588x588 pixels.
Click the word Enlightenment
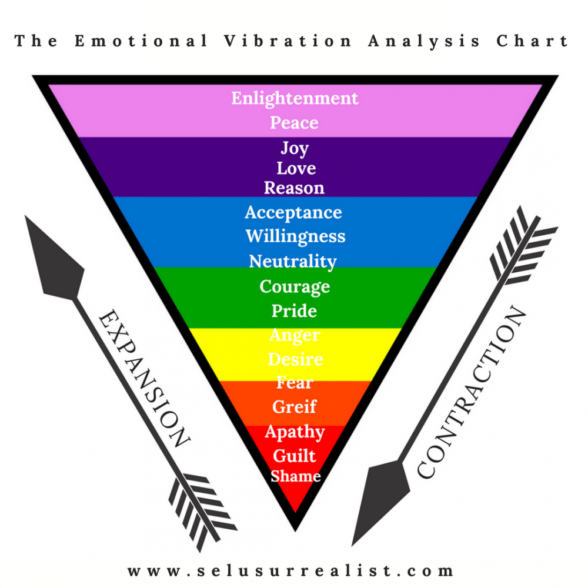(x=295, y=98)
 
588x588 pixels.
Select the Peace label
(x=295, y=123)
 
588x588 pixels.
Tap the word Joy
(x=295, y=149)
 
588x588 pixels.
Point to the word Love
(x=296, y=168)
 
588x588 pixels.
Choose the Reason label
(x=294, y=188)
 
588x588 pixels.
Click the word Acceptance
(x=293, y=213)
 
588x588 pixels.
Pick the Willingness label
(x=296, y=236)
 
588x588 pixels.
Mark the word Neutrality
(x=293, y=262)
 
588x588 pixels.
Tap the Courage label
(x=295, y=287)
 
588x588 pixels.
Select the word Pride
(x=295, y=311)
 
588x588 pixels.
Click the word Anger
(x=295, y=335)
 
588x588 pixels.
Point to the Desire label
(x=296, y=359)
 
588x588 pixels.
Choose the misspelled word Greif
(x=295, y=407)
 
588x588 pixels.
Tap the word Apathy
(x=295, y=432)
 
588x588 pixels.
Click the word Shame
(x=296, y=476)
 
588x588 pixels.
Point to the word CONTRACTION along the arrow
(x=472, y=392)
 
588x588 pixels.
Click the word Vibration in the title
(x=288, y=41)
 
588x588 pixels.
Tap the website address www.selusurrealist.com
(x=290, y=571)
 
